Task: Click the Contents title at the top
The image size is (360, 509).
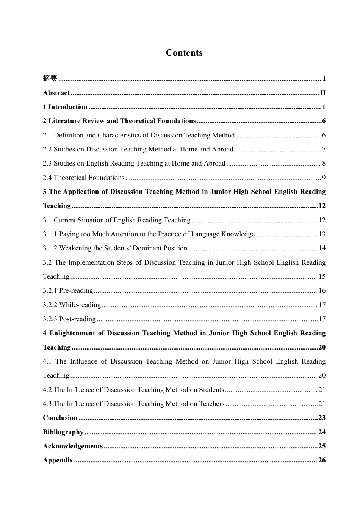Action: pyautogui.click(x=184, y=53)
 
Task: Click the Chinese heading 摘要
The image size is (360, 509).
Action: pyautogui.click(x=50, y=78)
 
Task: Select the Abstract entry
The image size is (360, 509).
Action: pyautogui.click(x=56, y=93)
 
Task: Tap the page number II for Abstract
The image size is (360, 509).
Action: pyautogui.click(x=323, y=93)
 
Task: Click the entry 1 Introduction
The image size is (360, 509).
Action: pyautogui.click(x=65, y=107)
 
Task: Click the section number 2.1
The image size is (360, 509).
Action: pyautogui.click(x=47, y=135)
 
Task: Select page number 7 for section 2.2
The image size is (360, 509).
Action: pyautogui.click(x=324, y=149)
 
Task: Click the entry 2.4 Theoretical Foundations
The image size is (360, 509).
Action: pyautogui.click(x=83, y=178)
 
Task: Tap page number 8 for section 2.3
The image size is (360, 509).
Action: pyautogui.click(x=324, y=164)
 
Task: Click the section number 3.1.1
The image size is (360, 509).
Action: pyautogui.click(x=50, y=234)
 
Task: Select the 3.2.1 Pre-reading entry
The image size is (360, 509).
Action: pyautogui.click(x=68, y=290)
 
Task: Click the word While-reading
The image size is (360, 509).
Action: pyautogui.click(x=80, y=305)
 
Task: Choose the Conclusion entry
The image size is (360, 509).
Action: pyautogui.click(x=60, y=418)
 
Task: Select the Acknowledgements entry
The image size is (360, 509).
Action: pyautogui.click(x=73, y=446)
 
